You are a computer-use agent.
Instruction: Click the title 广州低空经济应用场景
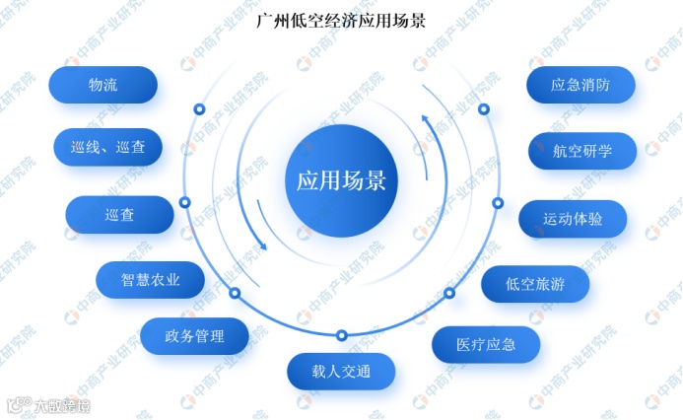[x=341, y=21]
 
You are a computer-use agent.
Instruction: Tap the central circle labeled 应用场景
[x=341, y=181]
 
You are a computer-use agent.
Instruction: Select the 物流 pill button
[x=102, y=85]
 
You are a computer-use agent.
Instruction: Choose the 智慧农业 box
[x=151, y=279]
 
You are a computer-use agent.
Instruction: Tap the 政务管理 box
[x=194, y=336]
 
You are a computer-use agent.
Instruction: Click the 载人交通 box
[x=341, y=372]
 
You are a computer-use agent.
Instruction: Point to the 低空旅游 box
[x=535, y=284]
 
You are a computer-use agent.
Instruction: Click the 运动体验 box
[x=573, y=219]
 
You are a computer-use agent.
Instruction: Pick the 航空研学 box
[x=582, y=151]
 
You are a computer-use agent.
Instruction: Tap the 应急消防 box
[x=580, y=85]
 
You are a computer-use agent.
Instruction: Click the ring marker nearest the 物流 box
[x=199, y=108]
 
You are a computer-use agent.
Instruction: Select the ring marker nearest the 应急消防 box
[x=483, y=108]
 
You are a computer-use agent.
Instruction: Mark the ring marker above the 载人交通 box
[x=341, y=334]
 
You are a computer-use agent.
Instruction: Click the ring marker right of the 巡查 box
[x=184, y=202]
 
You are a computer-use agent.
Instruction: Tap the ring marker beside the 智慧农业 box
[x=235, y=293]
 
